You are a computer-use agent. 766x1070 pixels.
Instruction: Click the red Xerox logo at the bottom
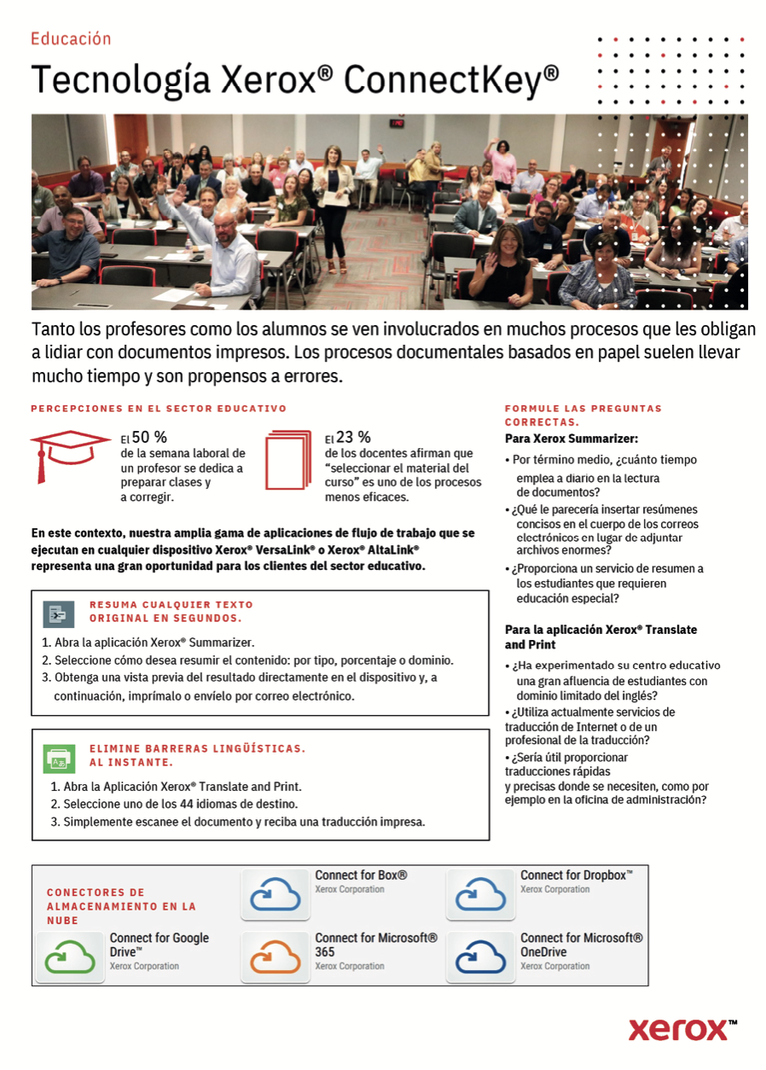pyautogui.click(x=682, y=1029)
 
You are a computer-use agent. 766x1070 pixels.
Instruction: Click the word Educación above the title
pyautogui.click(x=71, y=38)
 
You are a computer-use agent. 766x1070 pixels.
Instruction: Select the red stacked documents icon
pyautogui.click(x=288, y=461)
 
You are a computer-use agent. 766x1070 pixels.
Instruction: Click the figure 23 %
pyautogui.click(x=353, y=438)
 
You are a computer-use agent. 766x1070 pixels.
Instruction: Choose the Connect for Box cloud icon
pyautogui.click(x=275, y=893)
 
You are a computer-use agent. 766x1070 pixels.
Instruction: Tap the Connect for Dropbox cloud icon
pyautogui.click(x=480, y=893)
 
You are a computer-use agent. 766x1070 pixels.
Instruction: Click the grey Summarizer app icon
pyautogui.click(x=59, y=614)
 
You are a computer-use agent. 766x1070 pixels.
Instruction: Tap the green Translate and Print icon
pyautogui.click(x=59, y=758)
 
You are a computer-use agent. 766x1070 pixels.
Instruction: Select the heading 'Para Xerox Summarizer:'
pyautogui.click(x=572, y=439)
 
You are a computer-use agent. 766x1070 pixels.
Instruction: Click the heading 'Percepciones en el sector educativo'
pyautogui.click(x=159, y=409)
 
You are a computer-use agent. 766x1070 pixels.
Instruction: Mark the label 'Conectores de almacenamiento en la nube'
pyautogui.click(x=121, y=906)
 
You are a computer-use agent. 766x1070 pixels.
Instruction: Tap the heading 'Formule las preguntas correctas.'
pyautogui.click(x=583, y=415)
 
